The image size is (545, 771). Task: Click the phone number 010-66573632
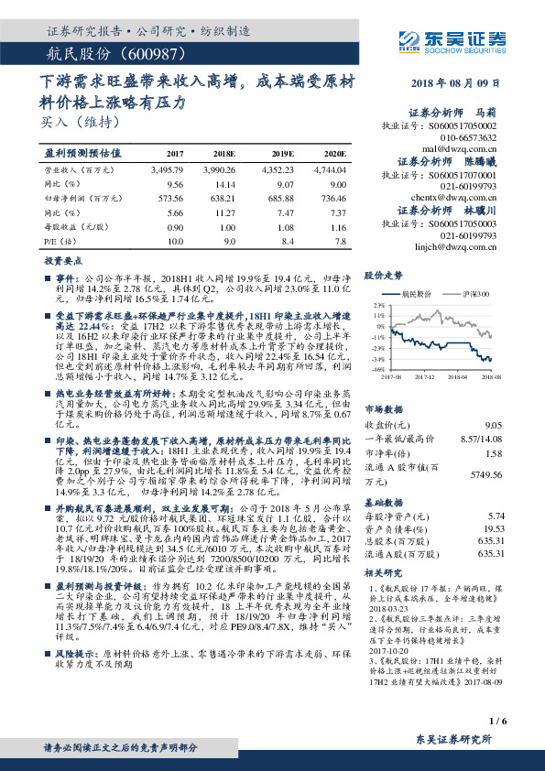(x=470, y=137)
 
